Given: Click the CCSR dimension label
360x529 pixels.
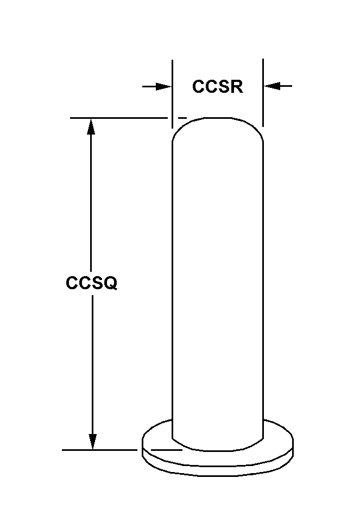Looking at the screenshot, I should pos(217,87).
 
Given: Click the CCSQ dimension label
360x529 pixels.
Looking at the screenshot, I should pos(91,283).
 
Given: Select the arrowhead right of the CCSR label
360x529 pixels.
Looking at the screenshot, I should pos(271,86).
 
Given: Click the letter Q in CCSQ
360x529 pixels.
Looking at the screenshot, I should pos(110,283).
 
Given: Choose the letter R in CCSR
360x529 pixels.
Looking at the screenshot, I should pos(236,87).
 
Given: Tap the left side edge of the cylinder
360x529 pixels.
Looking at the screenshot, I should pos(172,282).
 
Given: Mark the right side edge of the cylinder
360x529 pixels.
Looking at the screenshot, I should pos(263,282).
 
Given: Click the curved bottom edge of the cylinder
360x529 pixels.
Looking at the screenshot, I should pos(217,449).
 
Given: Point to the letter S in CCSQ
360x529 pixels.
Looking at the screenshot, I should pos(96,283).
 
